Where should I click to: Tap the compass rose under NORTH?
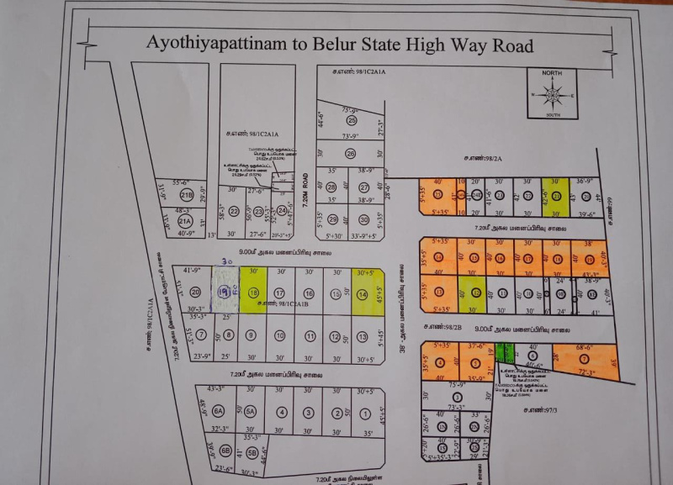click(552, 94)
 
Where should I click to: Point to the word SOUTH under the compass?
click(553, 114)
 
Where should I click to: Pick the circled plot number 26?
click(350, 153)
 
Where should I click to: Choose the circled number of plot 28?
click(331, 187)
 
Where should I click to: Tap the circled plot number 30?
click(364, 219)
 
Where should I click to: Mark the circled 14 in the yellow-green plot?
click(363, 294)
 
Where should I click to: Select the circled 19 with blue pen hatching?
click(224, 293)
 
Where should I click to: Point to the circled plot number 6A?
click(219, 411)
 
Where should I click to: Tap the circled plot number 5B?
click(252, 454)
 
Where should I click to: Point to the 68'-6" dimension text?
click(587, 346)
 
